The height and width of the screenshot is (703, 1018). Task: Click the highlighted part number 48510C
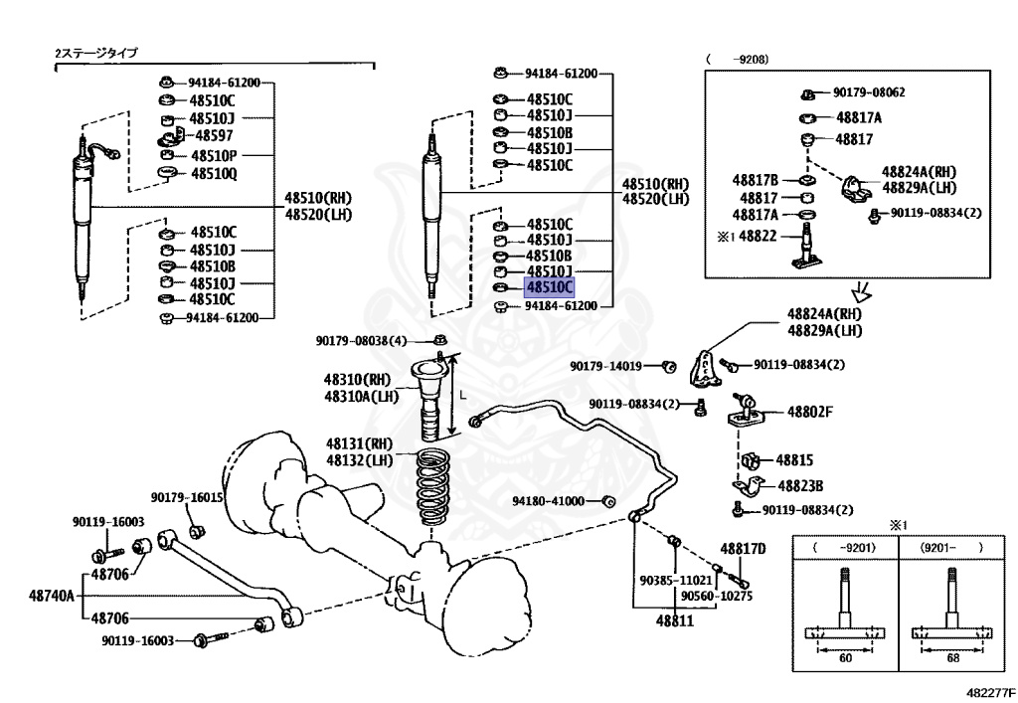[549, 287]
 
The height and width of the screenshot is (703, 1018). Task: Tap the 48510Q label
[214, 172]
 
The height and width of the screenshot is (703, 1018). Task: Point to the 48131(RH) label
[359, 443]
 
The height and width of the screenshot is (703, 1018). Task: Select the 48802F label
[810, 411]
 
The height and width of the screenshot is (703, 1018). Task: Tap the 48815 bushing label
[794, 460]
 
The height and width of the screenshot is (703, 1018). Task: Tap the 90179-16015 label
[187, 497]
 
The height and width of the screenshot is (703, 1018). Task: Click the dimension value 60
[844, 657]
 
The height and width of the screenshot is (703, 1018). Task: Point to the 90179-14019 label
[605, 366]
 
